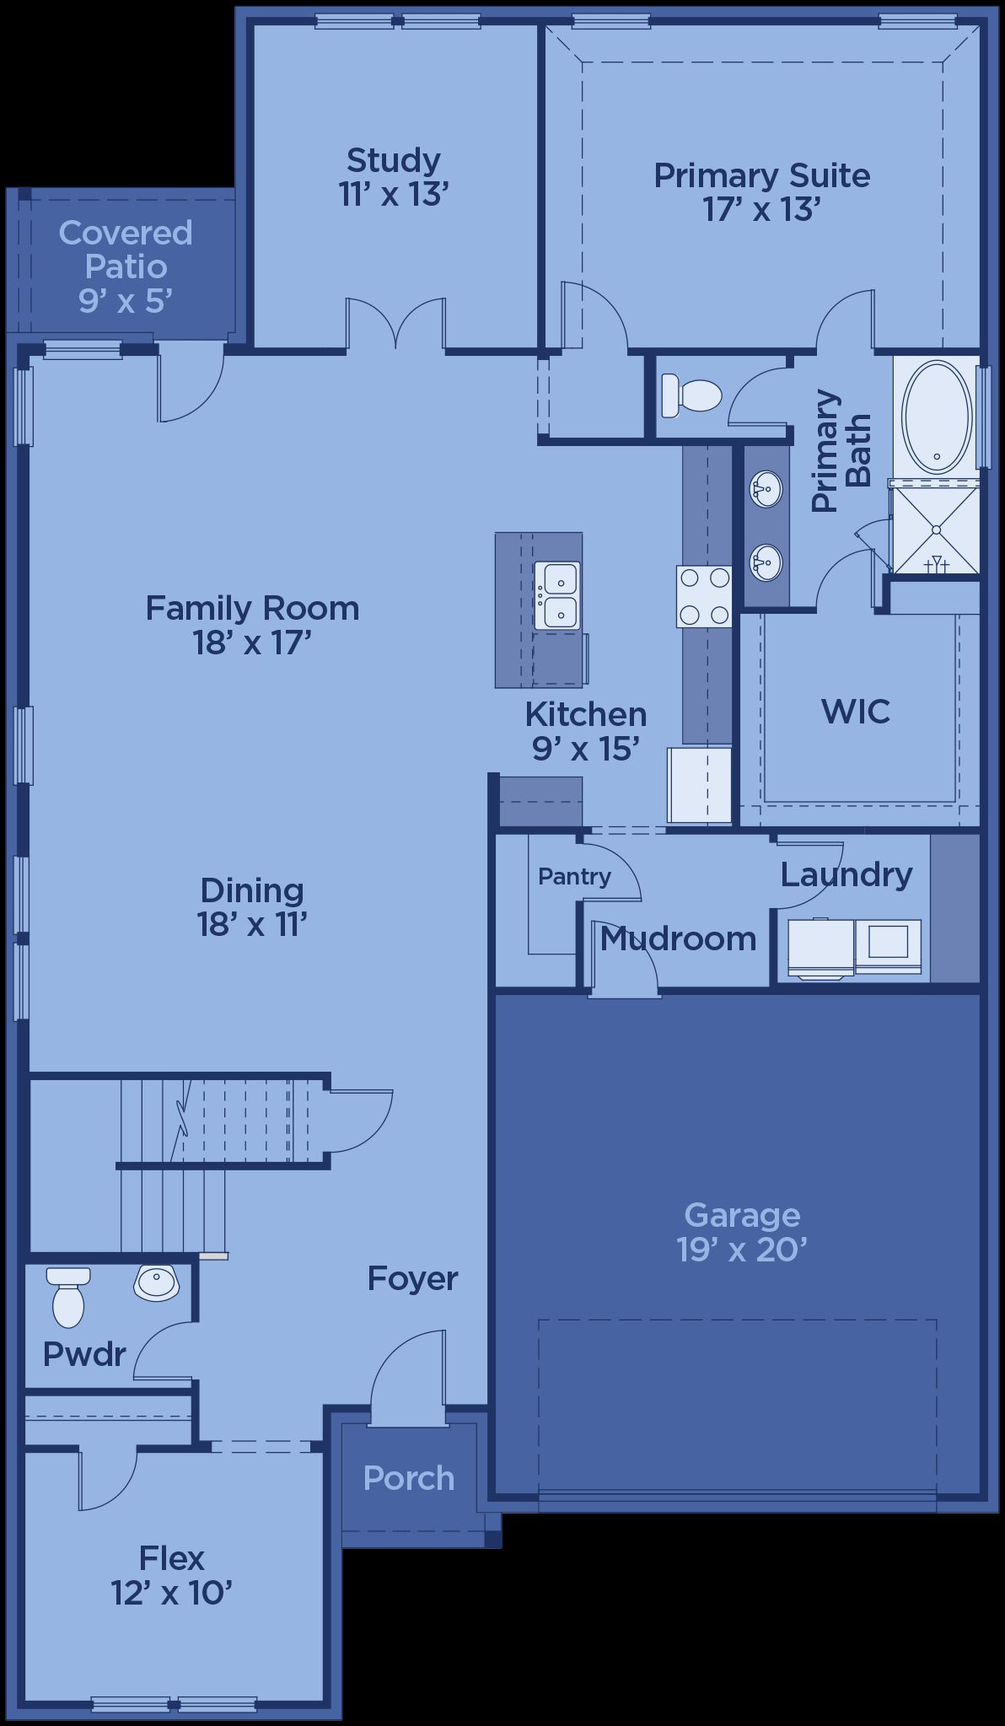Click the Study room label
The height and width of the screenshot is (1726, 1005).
click(x=393, y=176)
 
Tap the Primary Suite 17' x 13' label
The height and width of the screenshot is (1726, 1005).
click(x=762, y=192)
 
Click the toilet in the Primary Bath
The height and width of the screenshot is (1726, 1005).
click(x=691, y=395)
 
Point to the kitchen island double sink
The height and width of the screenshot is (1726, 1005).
click(x=557, y=595)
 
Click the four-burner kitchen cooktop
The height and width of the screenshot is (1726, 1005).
click(x=704, y=596)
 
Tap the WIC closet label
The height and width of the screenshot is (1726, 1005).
click(x=856, y=712)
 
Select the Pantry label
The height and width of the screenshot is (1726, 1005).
click(x=574, y=876)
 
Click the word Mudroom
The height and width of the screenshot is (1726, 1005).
click(x=678, y=938)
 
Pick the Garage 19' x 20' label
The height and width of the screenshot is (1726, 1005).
click(x=742, y=1232)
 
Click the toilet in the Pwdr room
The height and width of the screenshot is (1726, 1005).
click(x=68, y=1297)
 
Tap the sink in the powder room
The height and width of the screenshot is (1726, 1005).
click(x=156, y=1282)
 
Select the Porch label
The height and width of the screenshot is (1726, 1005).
click(x=409, y=1478)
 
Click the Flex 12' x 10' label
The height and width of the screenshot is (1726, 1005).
click(x=172, y=1575)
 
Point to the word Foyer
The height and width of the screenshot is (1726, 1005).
click(x=412, y=1279)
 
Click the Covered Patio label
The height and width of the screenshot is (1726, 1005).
click(x=126, y=266)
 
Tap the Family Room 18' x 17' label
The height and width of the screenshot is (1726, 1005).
click(x=252, y=625)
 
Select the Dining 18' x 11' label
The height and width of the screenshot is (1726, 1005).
click(x=252, y=907)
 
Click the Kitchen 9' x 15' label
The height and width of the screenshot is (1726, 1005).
click(x=586, y=731)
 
